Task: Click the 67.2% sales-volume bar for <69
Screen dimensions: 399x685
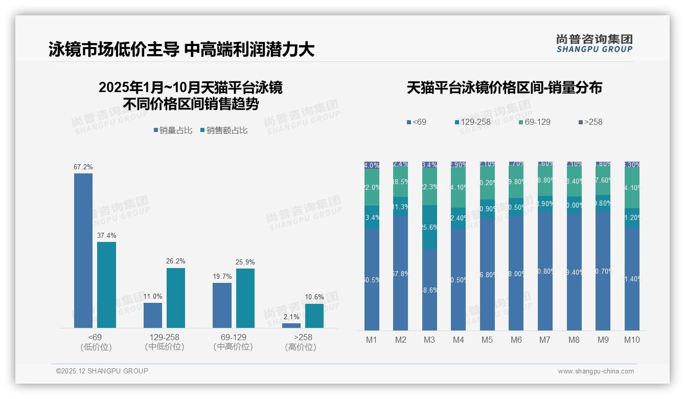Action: [83, 251]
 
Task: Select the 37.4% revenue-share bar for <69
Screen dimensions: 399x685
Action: [107, 285]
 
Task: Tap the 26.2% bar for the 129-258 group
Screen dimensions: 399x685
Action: [176, 298]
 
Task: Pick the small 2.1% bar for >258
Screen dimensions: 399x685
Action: [291, 325]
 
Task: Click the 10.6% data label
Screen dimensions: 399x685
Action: [314, 297]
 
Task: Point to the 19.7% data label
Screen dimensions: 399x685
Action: [222, 276]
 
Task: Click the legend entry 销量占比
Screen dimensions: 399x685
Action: [173, 130]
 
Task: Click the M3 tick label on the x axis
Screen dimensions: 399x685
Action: [429, 340]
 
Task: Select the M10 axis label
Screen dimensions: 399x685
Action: [632, 340]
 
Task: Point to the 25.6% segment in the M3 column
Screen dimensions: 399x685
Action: [429, 227]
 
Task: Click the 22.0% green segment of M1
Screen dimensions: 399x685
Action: [372, 187]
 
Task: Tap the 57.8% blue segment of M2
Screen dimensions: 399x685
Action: [400, 273]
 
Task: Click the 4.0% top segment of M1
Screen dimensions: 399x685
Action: [372, 165]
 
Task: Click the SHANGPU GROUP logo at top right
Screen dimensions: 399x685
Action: [594, 43]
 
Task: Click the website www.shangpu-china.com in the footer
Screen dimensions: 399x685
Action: [596, 371]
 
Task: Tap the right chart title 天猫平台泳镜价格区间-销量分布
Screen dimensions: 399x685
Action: [504, 87]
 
